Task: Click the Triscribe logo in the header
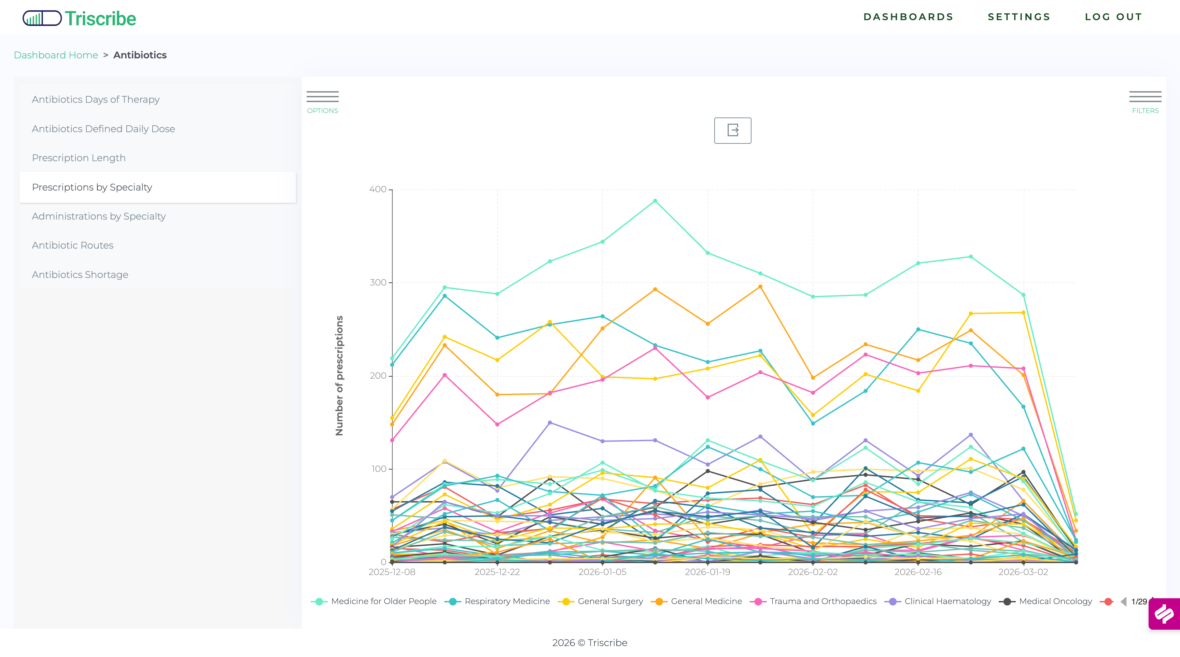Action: pos(79,18)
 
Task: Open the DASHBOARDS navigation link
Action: pos(908,17)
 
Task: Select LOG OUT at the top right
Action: pos(1113,17)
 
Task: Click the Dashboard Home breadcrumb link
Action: pos(56,55)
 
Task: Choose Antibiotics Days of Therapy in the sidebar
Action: pos(96,99)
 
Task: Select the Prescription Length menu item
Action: pos(79,158)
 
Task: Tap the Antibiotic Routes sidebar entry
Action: pos(73,245)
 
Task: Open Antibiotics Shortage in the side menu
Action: pos(80,275)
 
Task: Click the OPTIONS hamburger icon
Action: pos(322,97)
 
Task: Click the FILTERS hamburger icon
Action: pos(1145,97)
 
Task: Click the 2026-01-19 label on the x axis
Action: pos(707,572)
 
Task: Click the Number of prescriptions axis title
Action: pos(339,375)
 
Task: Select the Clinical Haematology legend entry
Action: pos(947,601)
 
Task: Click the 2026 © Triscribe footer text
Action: pos(590,642)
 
